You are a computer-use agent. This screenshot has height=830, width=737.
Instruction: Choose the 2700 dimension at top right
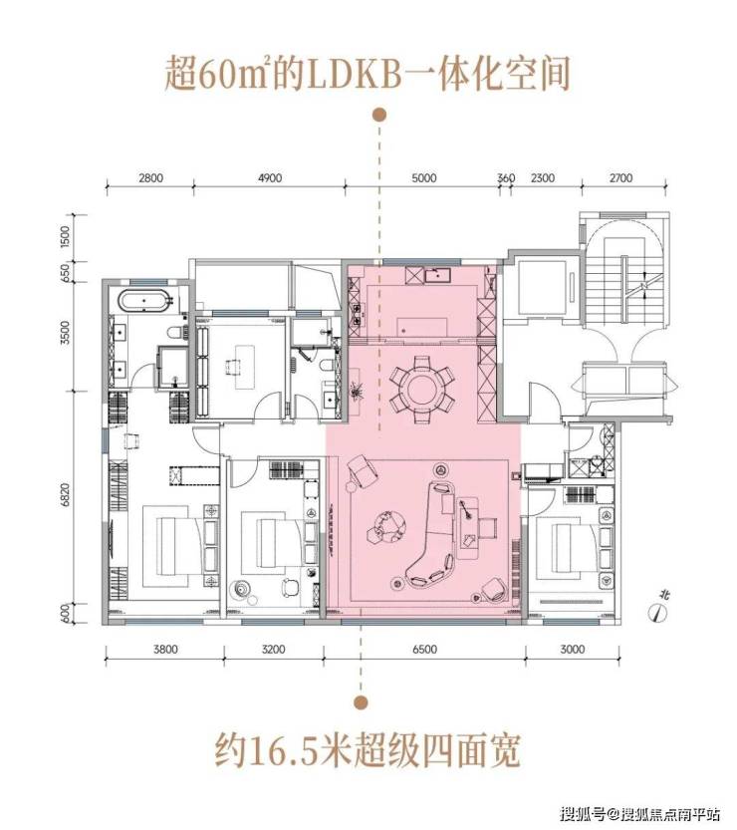coord(619,178)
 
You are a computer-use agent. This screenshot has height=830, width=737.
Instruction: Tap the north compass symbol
coord(656,613)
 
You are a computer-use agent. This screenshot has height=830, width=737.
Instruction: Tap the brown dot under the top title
coord(378,116)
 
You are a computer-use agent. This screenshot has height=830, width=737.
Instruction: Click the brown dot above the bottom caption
coord(351,698)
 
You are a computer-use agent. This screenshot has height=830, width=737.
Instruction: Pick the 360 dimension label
coord(506,178)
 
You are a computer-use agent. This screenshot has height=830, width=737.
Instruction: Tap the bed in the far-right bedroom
coord(569,543)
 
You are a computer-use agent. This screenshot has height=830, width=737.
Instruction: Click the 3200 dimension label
coord(274,649)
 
